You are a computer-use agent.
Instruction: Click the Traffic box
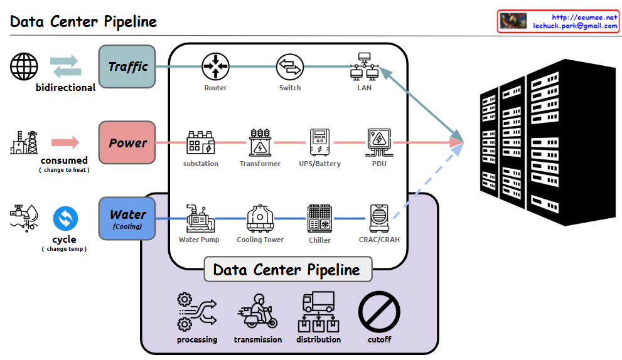pyautogui.click(x=127, y=66)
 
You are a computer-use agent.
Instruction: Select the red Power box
pyautogui.click(x=127, y=143)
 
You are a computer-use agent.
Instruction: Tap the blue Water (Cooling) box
pyautogui.click(x=127, y=218)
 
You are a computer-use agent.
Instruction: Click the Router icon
pyautogui.click(x=215, y=66)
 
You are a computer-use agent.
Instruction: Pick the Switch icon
pyautogui.click(x=290, y=66)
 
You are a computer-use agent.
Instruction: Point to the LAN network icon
pyautogui.click(x=364, y=66)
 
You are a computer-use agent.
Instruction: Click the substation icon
pyautogui.click(x=200, y=144)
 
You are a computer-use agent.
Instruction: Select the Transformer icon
pyautogui.click(x=260, y=143)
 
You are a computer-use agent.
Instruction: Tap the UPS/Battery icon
pyautogui.click(x=319, y=143)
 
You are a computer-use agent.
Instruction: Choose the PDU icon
pyautogui.click(x=379, y=143)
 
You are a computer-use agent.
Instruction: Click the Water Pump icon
pyautogui.click(x=199, y=219)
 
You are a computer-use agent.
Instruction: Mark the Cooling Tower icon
pyautogui.click(x=260, y=219)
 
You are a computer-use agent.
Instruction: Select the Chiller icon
pyautogui.click(x=319, y=219)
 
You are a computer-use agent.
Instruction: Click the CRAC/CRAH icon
pyautogui.click(x=378, y=219)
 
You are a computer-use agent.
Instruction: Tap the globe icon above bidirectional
pyautogui.click(x=24, y=66)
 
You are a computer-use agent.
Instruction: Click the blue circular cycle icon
pyautogui.click(x=65, y=219)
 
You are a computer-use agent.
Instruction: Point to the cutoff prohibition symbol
pyautogui.click(x=379, y=312)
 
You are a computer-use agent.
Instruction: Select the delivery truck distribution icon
pyautogui.click(x=318, y=312)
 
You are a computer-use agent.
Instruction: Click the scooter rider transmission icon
pyautogui.click(x=257, y=312)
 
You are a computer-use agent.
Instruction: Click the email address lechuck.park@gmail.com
pyautogui.click(x=575, y=26)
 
